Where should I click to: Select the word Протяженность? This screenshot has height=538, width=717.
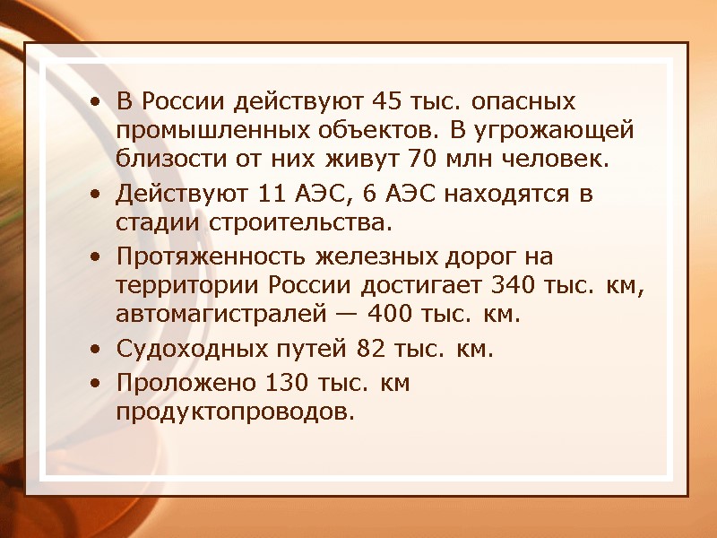pyautogui.click(x=212, y=256)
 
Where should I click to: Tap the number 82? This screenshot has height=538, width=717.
pyautogui.click(x=369, y=349)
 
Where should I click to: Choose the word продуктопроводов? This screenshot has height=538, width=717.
pyautogui.click(x=235, y=412)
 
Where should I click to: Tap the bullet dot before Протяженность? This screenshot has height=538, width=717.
pyautogui.click(x=96, y=256)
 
